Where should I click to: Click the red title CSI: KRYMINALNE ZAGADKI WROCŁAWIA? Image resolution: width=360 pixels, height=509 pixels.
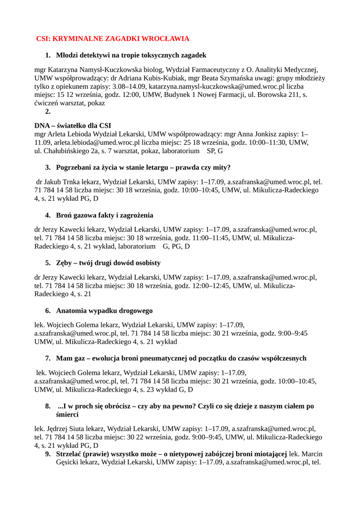tap(113, 38)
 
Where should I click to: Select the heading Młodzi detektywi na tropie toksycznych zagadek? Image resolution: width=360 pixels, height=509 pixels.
tap(131, 55)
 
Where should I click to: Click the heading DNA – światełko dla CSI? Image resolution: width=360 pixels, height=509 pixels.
tap(73, 125)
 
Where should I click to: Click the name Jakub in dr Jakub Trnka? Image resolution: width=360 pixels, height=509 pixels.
tap(55, 182)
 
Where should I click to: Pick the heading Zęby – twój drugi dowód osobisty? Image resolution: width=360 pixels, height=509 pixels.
tap(108, 262)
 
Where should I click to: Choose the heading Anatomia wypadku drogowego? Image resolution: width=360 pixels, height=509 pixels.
tap(104, 311)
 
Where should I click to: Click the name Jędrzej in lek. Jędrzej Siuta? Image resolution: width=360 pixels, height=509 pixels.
tap(59, 427)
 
